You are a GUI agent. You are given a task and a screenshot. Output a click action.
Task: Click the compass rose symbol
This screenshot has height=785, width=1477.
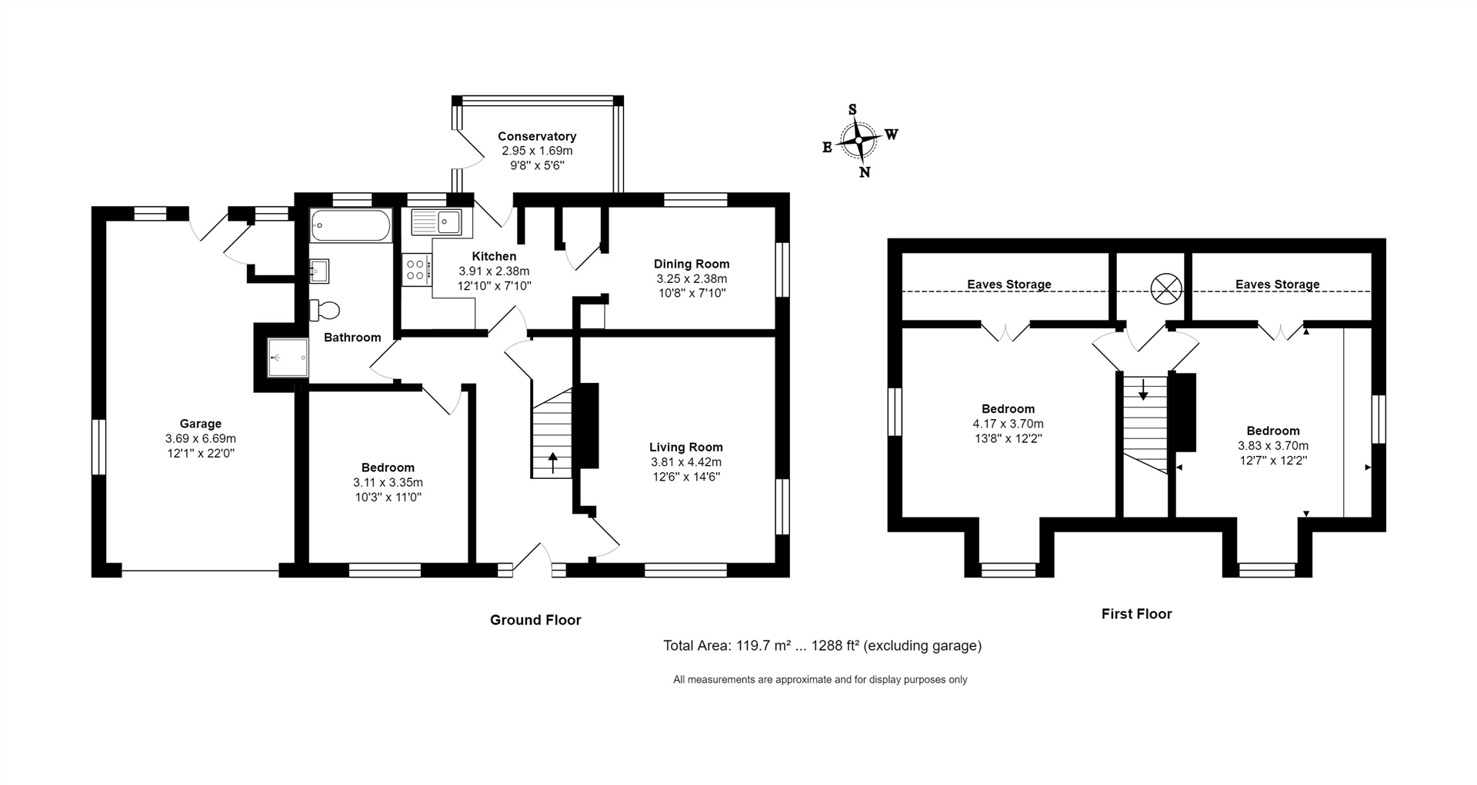pyautogui.click(x=858, y=141)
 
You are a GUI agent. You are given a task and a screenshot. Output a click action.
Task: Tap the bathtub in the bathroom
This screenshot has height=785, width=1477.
pyautogui.click(x=350, y=227)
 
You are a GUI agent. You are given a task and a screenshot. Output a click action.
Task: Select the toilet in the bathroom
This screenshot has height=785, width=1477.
pyautogui.click(x=325, y=310)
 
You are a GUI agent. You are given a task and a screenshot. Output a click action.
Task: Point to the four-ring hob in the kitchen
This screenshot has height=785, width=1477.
pyautogui.click(x=416, y=269)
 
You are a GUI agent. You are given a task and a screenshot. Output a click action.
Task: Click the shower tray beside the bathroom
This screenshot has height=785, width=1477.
pyautogui.click(x=288, y=358)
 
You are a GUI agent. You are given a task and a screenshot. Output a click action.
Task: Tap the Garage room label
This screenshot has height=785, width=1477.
pyautogui.click(x=200, y=424)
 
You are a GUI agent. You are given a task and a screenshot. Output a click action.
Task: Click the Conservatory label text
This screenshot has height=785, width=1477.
pyautogui.click(x=536, y=137)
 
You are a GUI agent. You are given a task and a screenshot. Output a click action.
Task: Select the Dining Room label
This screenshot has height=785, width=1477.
pyautogui.click(x=692, y=264)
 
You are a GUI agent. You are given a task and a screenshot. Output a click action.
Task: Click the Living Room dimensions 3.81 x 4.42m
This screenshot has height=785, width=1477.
pyautogui.click(x=685, y=462)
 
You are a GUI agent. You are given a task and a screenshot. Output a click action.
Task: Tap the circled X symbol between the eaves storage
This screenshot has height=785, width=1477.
pyautogui.click(x=1165, y=289)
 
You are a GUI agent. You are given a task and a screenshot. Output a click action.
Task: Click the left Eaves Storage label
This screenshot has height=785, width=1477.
pyautogui.click(x=1009, y=284)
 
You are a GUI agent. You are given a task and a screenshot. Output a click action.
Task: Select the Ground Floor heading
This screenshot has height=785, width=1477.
pyautogui.click(x=535, y=620)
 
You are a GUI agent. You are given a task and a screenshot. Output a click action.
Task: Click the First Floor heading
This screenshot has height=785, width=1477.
pyautogui.click(x=1136, y=614)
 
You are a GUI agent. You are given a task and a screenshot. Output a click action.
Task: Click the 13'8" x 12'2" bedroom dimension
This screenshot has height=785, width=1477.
pyautogui.click(x=1008, y=438)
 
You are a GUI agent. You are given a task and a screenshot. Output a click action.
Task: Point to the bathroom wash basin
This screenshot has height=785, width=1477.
pyautogui.click(x=319, y=271)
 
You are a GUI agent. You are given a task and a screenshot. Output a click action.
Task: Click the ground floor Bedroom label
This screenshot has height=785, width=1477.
pyautogui.click(x=388, y=467)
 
